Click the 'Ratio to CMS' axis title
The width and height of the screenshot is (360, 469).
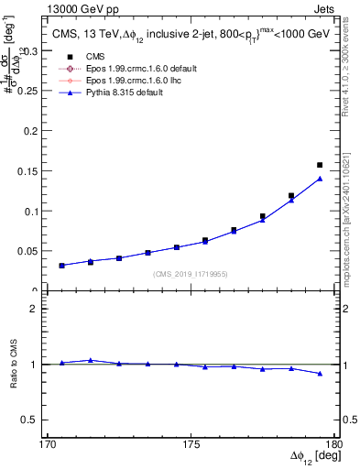click(x=13, y=365)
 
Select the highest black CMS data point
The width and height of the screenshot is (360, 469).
click(x=320, y=165)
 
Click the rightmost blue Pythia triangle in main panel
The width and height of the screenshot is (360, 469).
click(x=320, y=178)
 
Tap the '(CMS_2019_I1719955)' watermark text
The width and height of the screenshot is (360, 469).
click(x=191, y=274)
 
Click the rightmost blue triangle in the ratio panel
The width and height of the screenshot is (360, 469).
click(x=320, y=373)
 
